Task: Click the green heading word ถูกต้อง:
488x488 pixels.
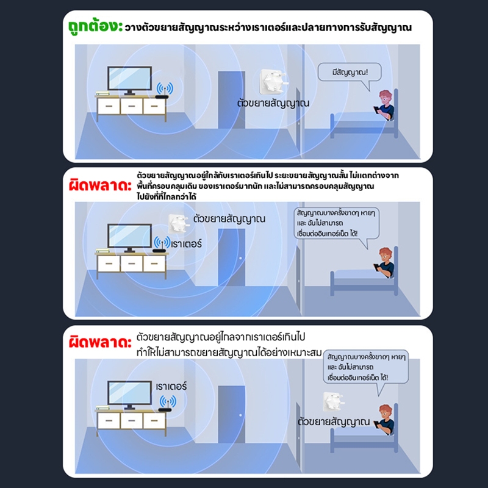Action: tap(96, 26)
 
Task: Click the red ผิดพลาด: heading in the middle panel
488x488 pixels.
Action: tap(100, 186)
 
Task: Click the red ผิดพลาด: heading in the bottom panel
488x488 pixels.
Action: tap(100, 342)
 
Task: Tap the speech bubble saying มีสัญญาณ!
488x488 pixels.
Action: tap(350, 73)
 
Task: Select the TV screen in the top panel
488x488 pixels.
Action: tap(129, 78)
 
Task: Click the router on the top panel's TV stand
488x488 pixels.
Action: tap(162, 96)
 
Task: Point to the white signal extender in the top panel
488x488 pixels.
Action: tap(272, 82)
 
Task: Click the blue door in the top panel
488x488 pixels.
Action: tap(231, 100)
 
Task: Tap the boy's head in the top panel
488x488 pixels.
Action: tap(386, 98)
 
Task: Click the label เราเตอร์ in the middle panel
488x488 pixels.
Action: tap(187, 243)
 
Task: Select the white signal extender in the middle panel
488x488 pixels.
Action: tap(179, 223)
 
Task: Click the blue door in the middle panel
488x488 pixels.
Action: tap(231, 257)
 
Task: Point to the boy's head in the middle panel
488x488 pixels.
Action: tap(386, 256)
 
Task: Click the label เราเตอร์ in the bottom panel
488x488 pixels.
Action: tap(171, 387)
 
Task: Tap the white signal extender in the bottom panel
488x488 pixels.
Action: tap(333, 401)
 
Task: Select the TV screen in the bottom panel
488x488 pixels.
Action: tap(129, 393)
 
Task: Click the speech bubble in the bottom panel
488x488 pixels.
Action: tap(366, 367)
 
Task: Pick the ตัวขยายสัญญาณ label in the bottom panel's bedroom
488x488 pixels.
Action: tap(334, 422)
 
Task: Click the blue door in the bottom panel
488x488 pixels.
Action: tap(231, 414)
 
